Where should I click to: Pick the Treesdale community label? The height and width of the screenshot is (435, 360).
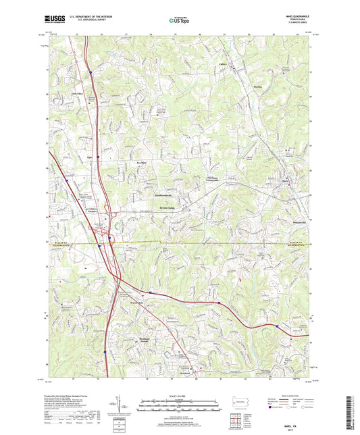197,178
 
